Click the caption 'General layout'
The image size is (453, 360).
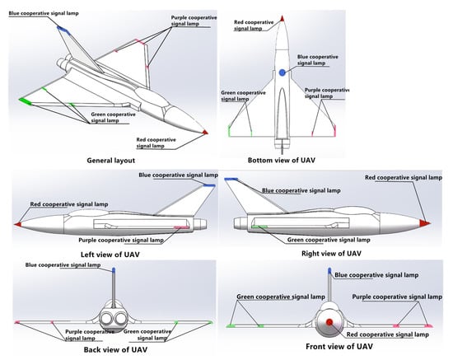(x=111, y=161)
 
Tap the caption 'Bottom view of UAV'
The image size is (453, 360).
(x=282, y=161)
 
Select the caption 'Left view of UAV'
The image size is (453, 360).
(x=110, y=255)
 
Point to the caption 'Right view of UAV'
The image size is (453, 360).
(x=331, y=254)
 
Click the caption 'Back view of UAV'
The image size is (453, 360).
(x=115, y=349)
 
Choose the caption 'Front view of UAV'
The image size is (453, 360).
(x=339, y=346)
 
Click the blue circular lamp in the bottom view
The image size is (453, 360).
(x=283, y=72)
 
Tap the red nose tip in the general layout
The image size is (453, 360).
(x=205, y=133)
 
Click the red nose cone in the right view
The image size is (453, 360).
(x=425, y=222)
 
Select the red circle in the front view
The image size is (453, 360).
(x=329, y=322)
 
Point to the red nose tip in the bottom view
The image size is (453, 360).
(x=282, y=19)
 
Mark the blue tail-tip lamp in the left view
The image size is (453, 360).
(x=209, y=185)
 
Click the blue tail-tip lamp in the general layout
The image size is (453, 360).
(x=63, y=30)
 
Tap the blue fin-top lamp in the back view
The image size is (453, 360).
(x=114, y=270)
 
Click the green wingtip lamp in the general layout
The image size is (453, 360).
(x=26, y=101)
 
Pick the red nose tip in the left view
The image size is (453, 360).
(x=18, y=224)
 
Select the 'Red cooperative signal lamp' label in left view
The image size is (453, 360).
(x=69, y=204)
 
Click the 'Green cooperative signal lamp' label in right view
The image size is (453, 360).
(x=329, y=240)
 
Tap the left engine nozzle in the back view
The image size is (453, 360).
(x=106, y=320)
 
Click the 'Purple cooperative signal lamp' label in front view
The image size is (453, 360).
(x=397, y=297)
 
